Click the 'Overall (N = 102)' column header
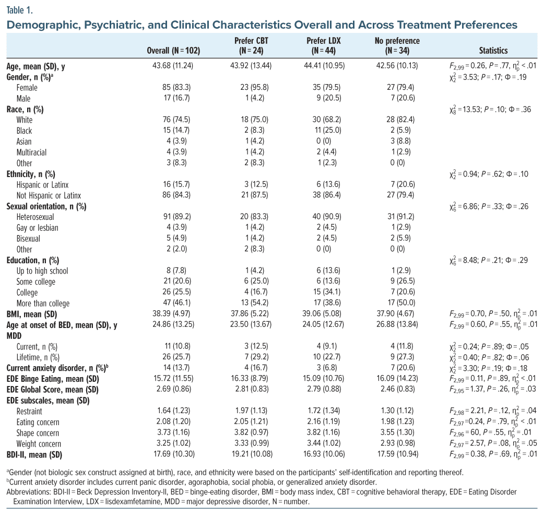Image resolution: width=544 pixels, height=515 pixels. pyautogui.click(x=174, y=51)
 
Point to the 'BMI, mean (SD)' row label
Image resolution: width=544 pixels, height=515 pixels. pyautogui.click(x=32, y=314)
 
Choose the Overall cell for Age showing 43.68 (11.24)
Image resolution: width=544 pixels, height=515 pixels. pyautogui.click(x=174, y=66)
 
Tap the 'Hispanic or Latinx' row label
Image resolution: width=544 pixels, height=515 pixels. pyautogui.click(x=42, y=185)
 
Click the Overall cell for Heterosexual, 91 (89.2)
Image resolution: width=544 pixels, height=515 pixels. pyautogui.click(x=174, y=217)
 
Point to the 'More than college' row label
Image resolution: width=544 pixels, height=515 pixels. pyautogui.click(x=43, y=303)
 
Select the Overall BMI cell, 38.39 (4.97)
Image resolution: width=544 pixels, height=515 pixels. pyautogui.click(x=174, y=314)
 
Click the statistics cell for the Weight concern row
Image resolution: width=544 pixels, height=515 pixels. pyautogui.click(x=485, y=443)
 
